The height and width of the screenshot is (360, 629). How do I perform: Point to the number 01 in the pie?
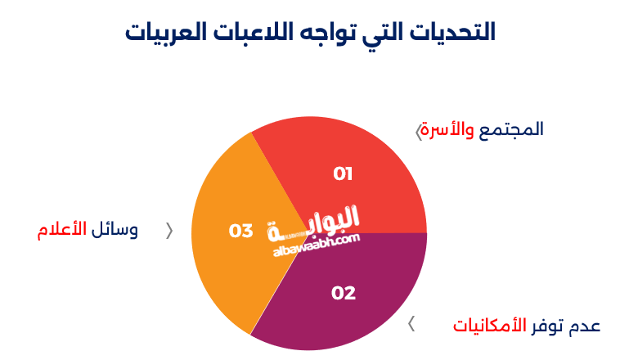[343, 173]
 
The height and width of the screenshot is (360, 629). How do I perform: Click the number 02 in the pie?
[344, 293]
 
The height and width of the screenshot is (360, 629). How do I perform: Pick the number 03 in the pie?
[240, 232]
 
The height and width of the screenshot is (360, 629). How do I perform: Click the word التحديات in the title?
[455, 33]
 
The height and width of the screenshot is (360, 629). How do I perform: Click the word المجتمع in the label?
[511, 129]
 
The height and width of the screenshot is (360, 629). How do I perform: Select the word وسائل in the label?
[115, 230]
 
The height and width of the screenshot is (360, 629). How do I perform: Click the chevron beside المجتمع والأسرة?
[419, 131]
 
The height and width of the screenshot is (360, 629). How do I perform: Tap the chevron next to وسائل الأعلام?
[169, 231]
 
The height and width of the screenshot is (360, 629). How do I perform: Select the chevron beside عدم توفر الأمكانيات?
[411, 324]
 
